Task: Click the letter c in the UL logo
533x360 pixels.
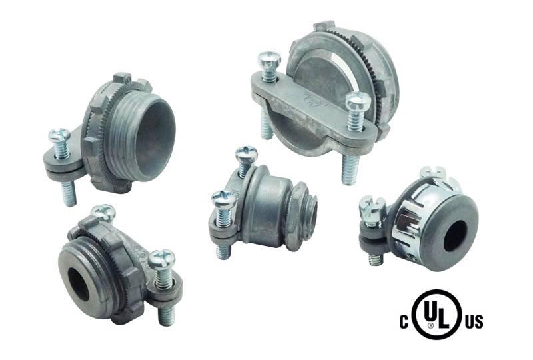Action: (x=405, y=321)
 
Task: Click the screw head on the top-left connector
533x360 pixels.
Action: (x=59, y=137)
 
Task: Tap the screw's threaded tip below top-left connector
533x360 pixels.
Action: (x=69, y=194)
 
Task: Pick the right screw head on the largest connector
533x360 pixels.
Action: (x=358, y=103)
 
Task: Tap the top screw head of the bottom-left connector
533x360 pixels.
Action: (x=103, y=213)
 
